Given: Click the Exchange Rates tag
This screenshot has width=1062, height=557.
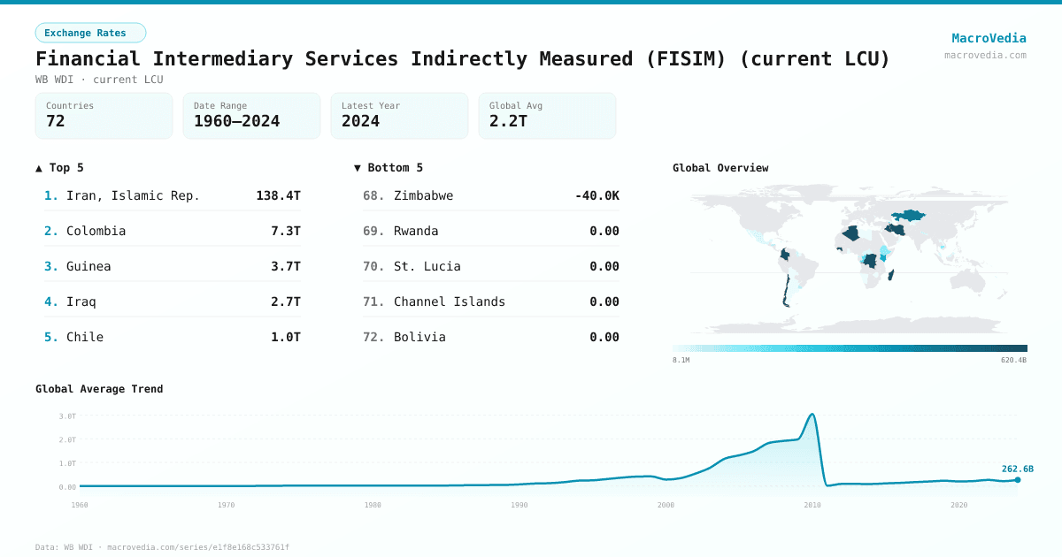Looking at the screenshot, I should click(x=90, y=33).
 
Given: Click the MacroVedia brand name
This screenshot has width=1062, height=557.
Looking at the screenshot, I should click(x=989, y=38).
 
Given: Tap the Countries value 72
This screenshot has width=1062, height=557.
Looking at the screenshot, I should click(x=56, y=122).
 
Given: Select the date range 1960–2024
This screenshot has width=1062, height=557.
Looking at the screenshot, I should click(x=236, y=122).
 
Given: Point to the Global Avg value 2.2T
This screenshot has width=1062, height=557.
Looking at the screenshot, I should click(x=508, y=122).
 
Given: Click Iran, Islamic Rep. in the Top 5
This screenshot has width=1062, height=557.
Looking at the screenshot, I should click(x=133, y=195).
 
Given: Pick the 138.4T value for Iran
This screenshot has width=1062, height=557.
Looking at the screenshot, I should click(x=278, y=195).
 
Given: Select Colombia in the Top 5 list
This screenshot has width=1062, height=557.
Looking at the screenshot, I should click(x=96, y=231).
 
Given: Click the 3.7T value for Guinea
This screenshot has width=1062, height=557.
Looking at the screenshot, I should click(x=285, y=266).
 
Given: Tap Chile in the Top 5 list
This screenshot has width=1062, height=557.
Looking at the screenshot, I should click(x=85, y=337).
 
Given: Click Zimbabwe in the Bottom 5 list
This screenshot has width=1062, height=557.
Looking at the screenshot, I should click(x=423, y=195).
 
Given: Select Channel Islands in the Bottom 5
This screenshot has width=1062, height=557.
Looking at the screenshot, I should click(x=450, y=301).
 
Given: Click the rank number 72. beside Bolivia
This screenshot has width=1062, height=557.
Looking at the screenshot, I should click(x=373, y=337).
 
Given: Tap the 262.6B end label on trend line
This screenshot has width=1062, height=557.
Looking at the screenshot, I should click(x=1017, y=469).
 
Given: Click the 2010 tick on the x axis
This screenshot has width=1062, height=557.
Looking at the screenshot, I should click(x=812, y=505).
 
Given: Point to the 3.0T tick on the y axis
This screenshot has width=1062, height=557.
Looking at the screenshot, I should click(x=67, y=416).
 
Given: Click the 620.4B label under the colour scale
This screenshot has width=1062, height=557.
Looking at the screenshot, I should click(x=1014, y=360).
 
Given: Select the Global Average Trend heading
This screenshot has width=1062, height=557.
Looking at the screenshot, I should click(x=99, y=389).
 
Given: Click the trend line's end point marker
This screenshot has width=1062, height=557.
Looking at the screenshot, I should click(x=1017, y=480).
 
